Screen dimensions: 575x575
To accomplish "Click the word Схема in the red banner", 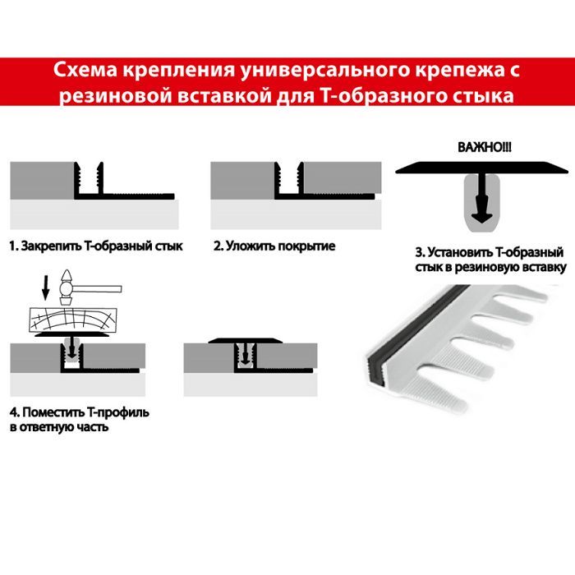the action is click(x=85, y=70).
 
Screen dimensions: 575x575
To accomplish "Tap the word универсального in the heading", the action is click(x=324, y=71).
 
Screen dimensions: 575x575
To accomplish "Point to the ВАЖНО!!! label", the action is click(x=484, y=147).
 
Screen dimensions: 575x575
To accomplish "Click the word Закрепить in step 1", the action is click(x=51, y=246).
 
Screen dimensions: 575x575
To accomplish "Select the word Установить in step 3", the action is click(x=460, y=253).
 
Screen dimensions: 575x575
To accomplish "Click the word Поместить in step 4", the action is click(x=54, y=412).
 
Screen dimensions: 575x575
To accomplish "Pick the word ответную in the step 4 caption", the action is click(x=47, y=427).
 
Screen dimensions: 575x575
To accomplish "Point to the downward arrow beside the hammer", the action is click(x=46, y=288).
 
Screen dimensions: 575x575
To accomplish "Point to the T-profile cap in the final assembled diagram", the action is click(x=246, y=341).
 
